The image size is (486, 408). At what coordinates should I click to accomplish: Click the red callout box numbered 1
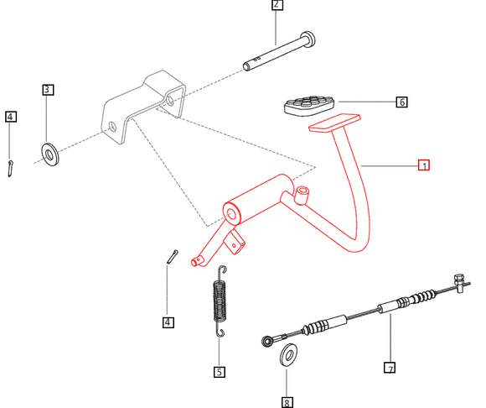coord(424,165)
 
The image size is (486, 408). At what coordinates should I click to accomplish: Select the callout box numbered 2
coord(277,4)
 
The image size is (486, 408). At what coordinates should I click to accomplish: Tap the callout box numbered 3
coord(48,90)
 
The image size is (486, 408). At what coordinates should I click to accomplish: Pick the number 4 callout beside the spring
coord(168,322)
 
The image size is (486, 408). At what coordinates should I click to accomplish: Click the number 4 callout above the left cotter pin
coord(11,117)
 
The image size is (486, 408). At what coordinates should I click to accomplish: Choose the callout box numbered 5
coord(220,372)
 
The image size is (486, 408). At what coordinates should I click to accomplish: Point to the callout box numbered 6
coord(401,102)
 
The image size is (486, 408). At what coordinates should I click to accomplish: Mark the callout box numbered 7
coord(390,368)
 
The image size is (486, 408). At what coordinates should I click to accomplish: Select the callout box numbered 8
coord(287,402)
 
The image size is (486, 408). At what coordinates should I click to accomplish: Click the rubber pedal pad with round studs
coord(309,105)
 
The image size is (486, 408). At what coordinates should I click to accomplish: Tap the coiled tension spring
coord(220,301)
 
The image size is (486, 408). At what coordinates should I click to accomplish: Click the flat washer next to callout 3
coord(50,154)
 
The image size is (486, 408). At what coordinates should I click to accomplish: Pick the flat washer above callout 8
coord(288,355)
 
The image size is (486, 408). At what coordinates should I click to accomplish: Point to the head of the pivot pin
coord(308,39)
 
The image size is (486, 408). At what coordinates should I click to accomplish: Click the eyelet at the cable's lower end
coord(267,342)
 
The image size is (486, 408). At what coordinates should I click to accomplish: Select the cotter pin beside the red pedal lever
coord(173,257)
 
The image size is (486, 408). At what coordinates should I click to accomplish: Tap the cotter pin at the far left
coord(11,169)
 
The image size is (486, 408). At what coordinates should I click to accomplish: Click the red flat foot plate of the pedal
coord(334,123)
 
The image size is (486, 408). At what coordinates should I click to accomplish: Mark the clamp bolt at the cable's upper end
coord(459,283)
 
